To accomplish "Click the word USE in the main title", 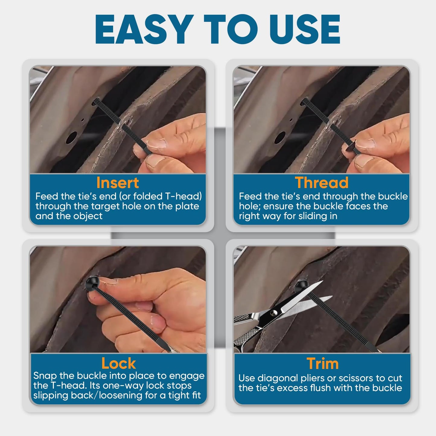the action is coord(305,29).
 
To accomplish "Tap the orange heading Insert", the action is coord(117,183).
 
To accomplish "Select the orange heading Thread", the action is coord(322,183).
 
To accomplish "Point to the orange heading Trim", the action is coord(323,364).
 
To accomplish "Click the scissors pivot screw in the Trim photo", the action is coord(275,313).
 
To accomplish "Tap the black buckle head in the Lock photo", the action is coord(92,283).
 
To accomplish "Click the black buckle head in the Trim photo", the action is coord(301,286).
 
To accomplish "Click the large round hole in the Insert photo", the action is coord(72,138).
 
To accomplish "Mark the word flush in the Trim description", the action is coord(321,388).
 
